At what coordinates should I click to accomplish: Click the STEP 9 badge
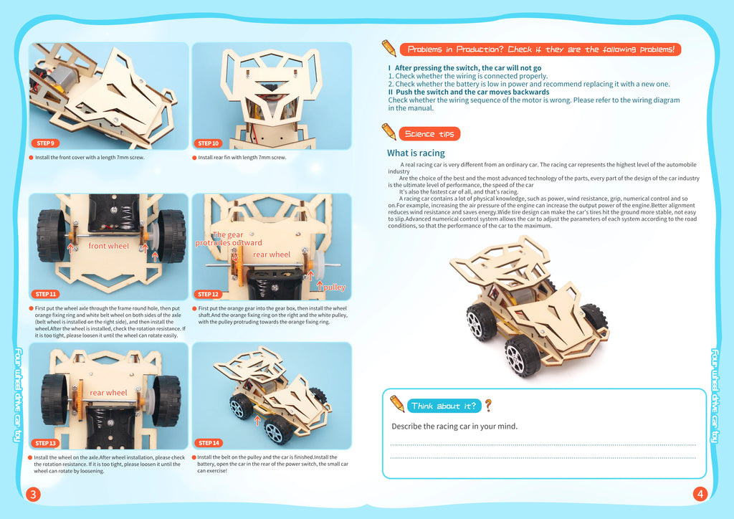tap(45, 143)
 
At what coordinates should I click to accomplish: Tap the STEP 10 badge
tap(209, 143)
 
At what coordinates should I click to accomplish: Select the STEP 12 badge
tap(209, 294)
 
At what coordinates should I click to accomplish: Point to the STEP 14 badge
tap(209, 443)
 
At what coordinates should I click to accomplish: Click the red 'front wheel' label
tap(109, 246)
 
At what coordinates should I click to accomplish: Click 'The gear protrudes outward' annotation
tap(229, 239)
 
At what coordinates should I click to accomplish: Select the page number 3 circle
tap(33, 494)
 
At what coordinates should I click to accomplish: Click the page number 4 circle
tap(700, 494)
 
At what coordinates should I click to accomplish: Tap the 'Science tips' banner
tap(429, 134)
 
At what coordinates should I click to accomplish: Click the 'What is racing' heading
tap(416, 153)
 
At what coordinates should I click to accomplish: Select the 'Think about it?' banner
tap(444, 406)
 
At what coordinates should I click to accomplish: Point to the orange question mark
tap(488, 405)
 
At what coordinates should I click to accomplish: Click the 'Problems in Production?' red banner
tap(540, 49)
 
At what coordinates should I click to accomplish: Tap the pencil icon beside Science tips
tap(389, 132)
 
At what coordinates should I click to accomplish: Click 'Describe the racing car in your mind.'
tap(454, 427)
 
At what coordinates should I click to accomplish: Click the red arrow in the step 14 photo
tap(257, 420)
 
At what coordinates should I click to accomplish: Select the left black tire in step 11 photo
tap(52, 235)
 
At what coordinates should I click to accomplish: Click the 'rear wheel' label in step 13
tap(108, 393)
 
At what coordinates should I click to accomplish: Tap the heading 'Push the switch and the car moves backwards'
tap(469, 92)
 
